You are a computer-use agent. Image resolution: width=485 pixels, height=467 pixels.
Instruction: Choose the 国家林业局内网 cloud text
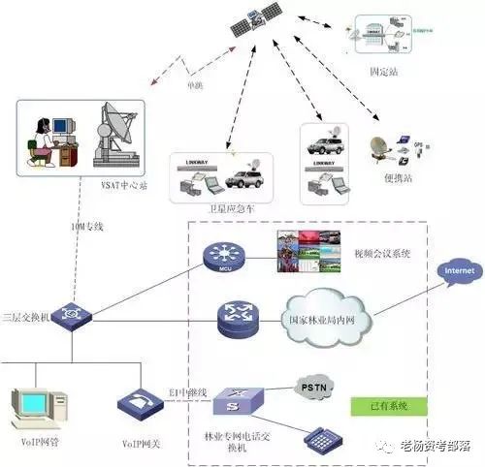click(x=327, y=320)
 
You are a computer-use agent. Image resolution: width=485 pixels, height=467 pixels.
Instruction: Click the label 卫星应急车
click(x=232, y=209)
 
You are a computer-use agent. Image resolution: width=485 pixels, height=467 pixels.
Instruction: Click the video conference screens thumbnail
click(x=299, y=254)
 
